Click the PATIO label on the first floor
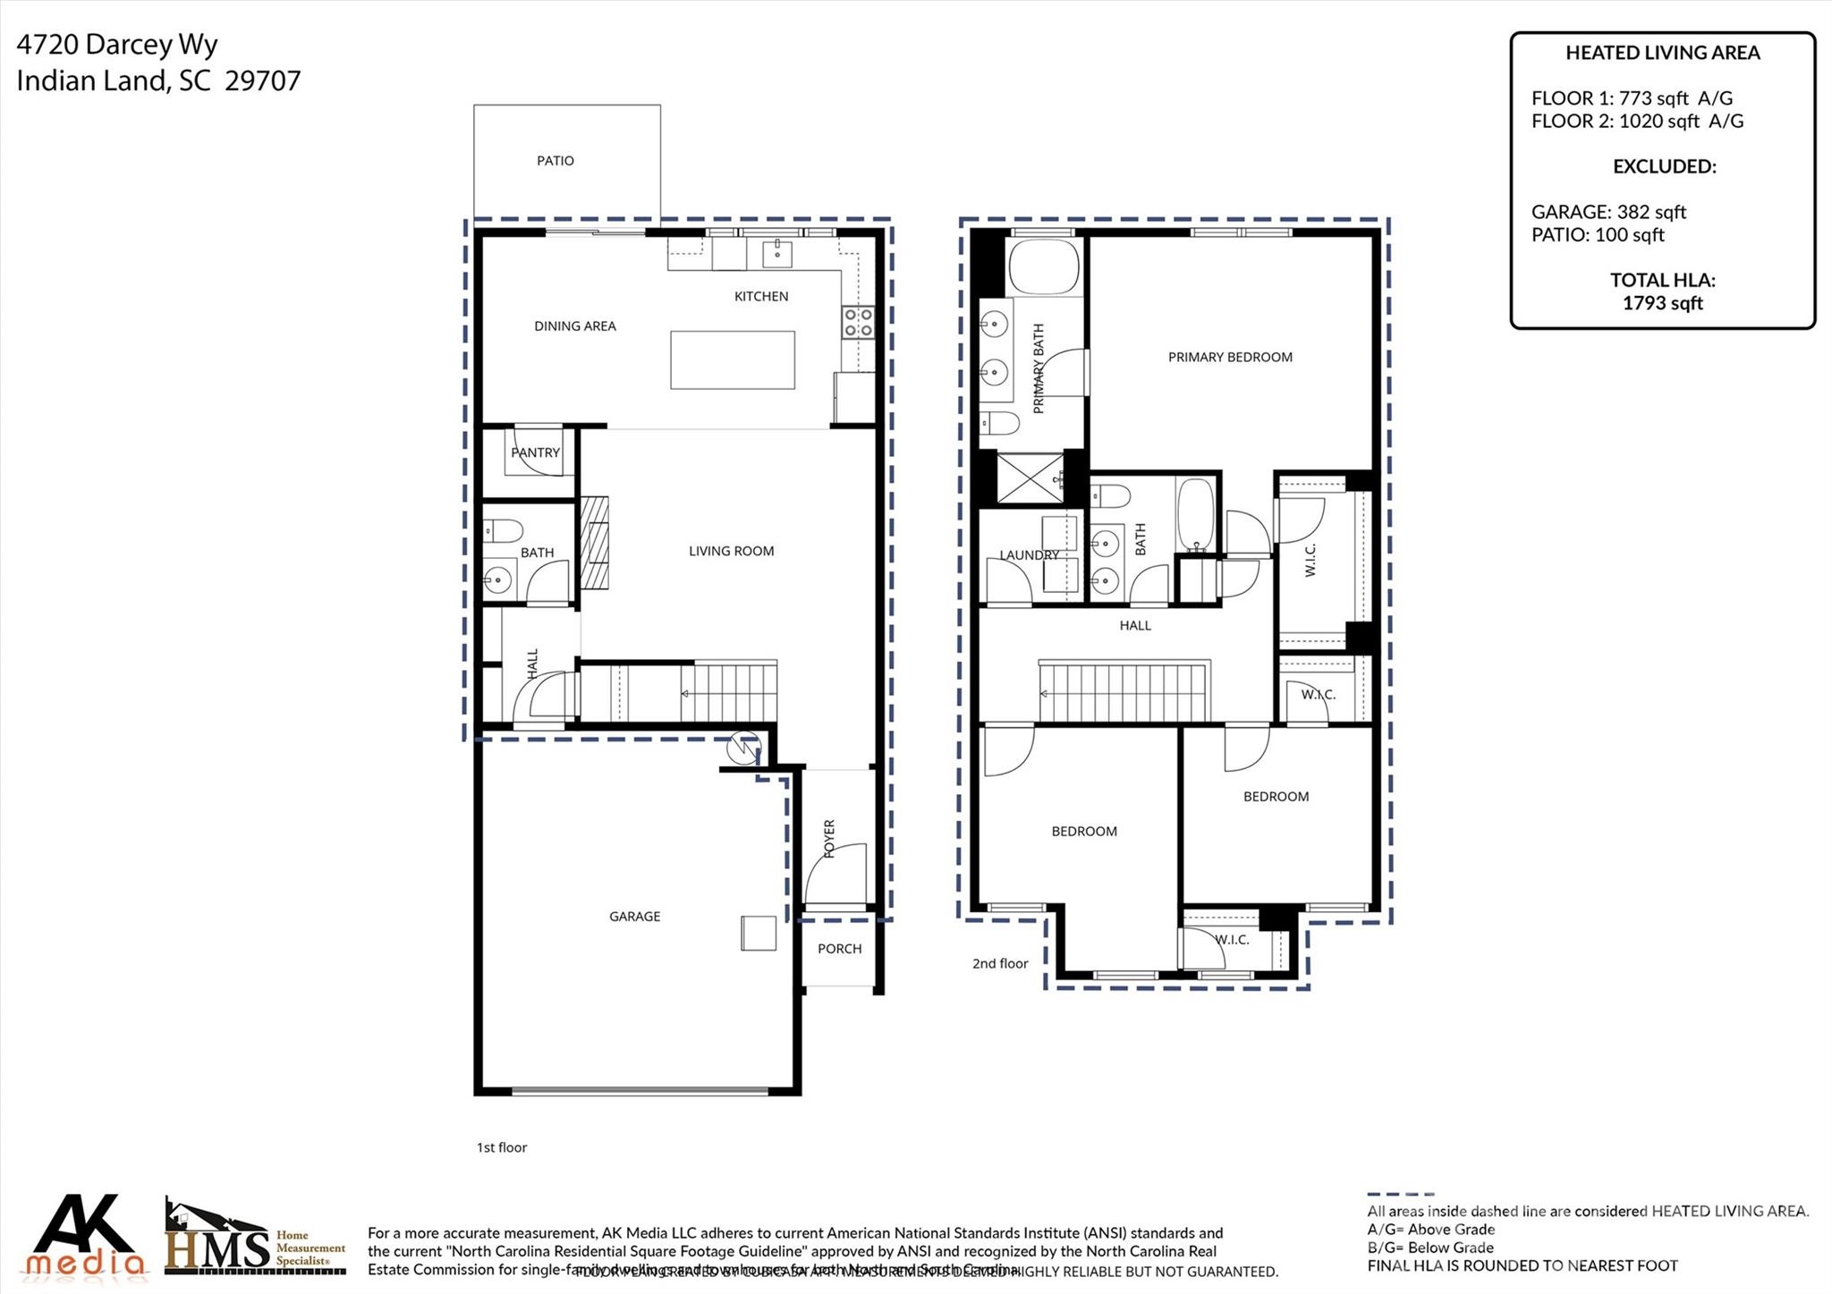555,161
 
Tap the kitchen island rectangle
732,359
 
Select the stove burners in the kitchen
857,322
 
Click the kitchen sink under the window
776,254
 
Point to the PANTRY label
535,452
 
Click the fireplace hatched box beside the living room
594,543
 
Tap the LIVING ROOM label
731,551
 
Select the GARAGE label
634,916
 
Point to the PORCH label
839,949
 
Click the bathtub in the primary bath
1043,266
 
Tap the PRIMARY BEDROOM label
1230,357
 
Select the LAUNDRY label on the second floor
1029,554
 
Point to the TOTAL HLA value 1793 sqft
1662,303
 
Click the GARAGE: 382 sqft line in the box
1607,212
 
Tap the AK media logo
85,1237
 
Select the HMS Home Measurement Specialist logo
255,1239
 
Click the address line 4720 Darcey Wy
117,44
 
